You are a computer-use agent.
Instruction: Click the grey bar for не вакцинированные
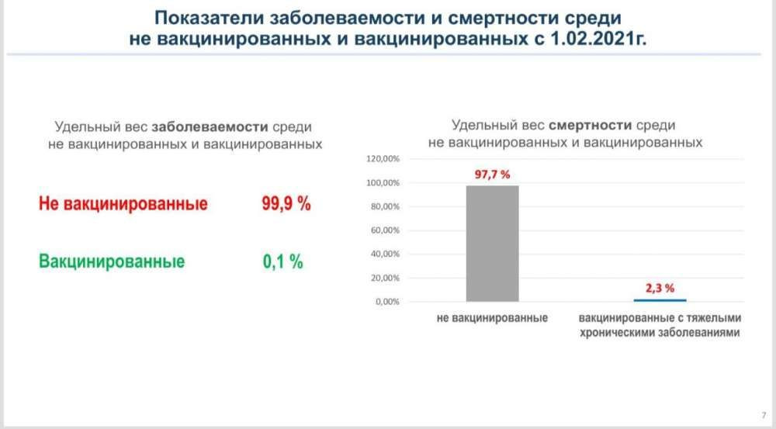click(x=492, y=243)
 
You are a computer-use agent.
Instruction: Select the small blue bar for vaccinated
click(x=660, y=300)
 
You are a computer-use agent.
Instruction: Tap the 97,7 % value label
click(x=492, y=175)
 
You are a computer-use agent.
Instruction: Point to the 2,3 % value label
click(x=660, y=288)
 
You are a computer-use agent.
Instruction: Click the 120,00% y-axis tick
click(x=381, y=159)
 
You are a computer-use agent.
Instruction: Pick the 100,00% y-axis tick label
click(x=381, y=183)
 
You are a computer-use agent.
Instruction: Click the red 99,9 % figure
click(x=286, y=205)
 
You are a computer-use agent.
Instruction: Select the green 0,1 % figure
click(x=282, y=261)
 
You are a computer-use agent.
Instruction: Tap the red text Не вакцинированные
click(x=123, y=205)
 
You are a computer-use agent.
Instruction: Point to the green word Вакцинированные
click(x=112, y=261)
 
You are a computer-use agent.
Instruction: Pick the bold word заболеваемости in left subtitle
click(x=210, y=127)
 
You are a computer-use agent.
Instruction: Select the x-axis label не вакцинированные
click(x=493, y=318)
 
